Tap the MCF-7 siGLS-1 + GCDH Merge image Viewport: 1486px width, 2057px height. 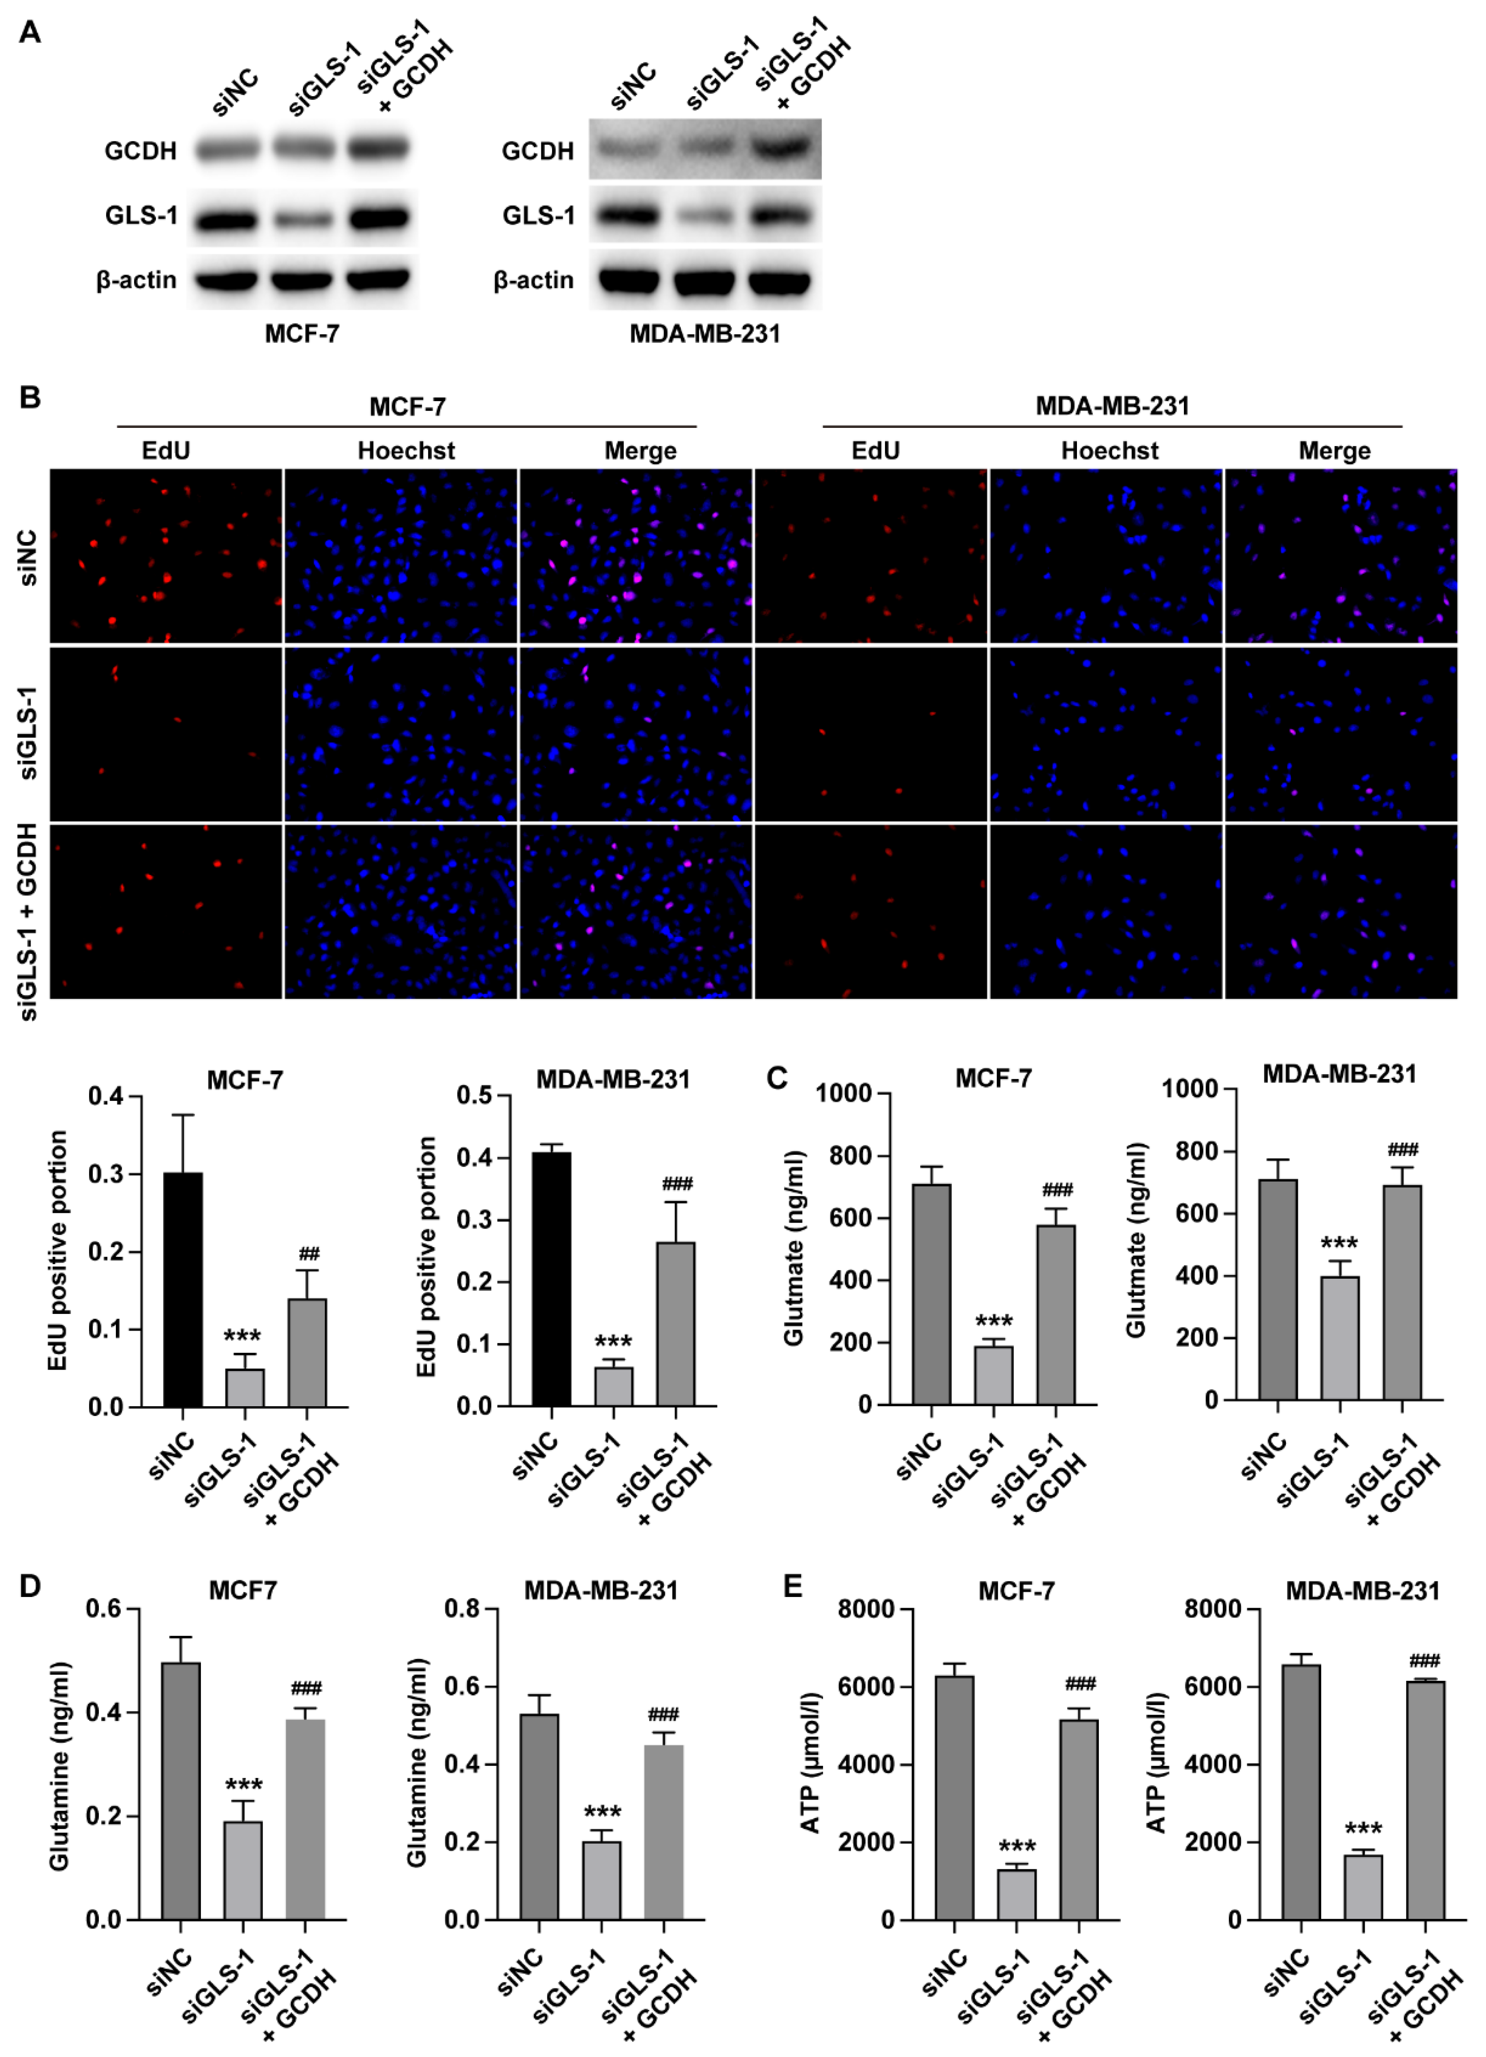pos(635,911)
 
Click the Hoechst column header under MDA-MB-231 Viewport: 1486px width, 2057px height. pos(1110,451)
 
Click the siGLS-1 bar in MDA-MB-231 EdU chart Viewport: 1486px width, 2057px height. pos(614,1386)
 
